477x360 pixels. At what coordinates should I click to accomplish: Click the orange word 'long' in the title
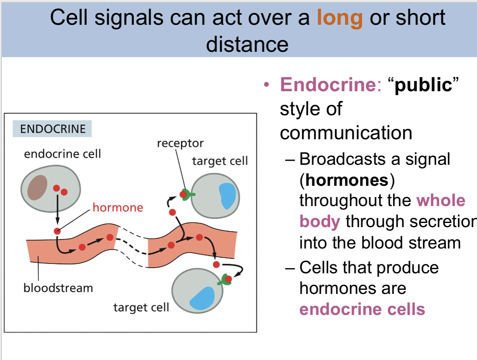pos(339,18)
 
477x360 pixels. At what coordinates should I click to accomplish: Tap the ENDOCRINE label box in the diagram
pos(52,129)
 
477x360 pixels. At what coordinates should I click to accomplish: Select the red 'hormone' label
pos(118,208)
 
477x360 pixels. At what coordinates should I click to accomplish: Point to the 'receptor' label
pos(180,143)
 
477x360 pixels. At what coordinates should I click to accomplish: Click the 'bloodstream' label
pos(58,288)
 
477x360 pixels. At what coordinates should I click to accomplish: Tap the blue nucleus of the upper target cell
pos(228,196)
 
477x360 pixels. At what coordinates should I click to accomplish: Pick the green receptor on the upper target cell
pos(187,195)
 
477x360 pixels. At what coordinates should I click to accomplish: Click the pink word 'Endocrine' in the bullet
pos(328,84)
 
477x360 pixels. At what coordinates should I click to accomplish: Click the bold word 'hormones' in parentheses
pos(347,180)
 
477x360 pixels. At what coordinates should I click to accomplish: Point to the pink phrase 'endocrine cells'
pos(362,309)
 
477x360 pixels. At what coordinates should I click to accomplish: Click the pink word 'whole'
pos(441,200)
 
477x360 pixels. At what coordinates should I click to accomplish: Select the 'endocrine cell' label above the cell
pos(62,154)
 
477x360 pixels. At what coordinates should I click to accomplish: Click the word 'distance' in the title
pos(247,44)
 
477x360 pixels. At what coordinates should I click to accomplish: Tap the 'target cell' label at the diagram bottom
pos(141,307)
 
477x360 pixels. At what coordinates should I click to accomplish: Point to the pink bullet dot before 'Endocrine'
pos(266,85)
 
